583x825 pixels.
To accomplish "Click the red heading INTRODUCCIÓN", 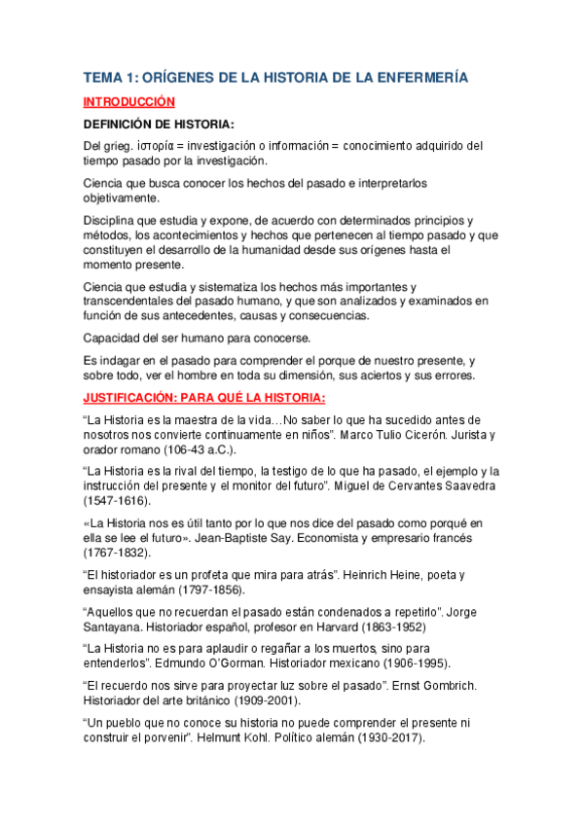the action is coord(128,101).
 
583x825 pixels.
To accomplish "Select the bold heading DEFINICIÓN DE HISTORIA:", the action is coord(158,124).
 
